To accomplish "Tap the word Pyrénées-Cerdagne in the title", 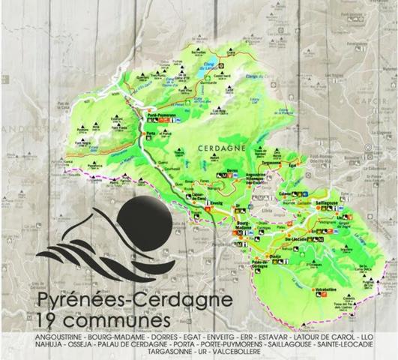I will (x=135, y=302).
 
